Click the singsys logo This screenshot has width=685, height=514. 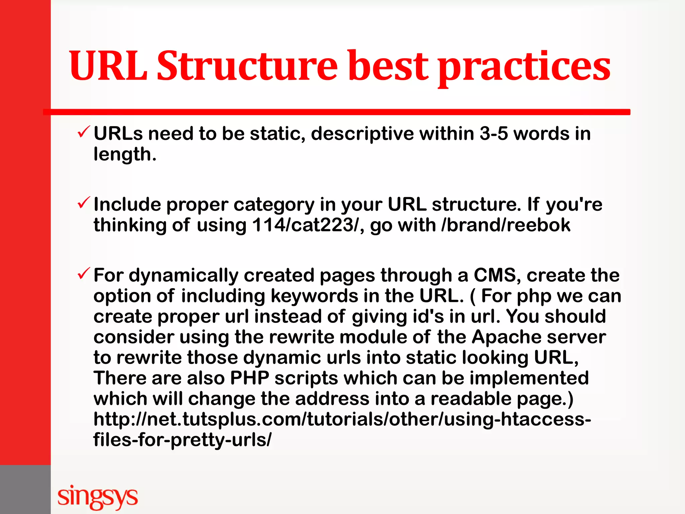97,497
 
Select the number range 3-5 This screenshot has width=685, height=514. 494,134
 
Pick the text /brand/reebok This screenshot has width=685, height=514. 506,225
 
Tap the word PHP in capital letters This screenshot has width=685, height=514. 250,378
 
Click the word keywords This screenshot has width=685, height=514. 314,296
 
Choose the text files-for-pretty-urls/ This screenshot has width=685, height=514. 182,440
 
